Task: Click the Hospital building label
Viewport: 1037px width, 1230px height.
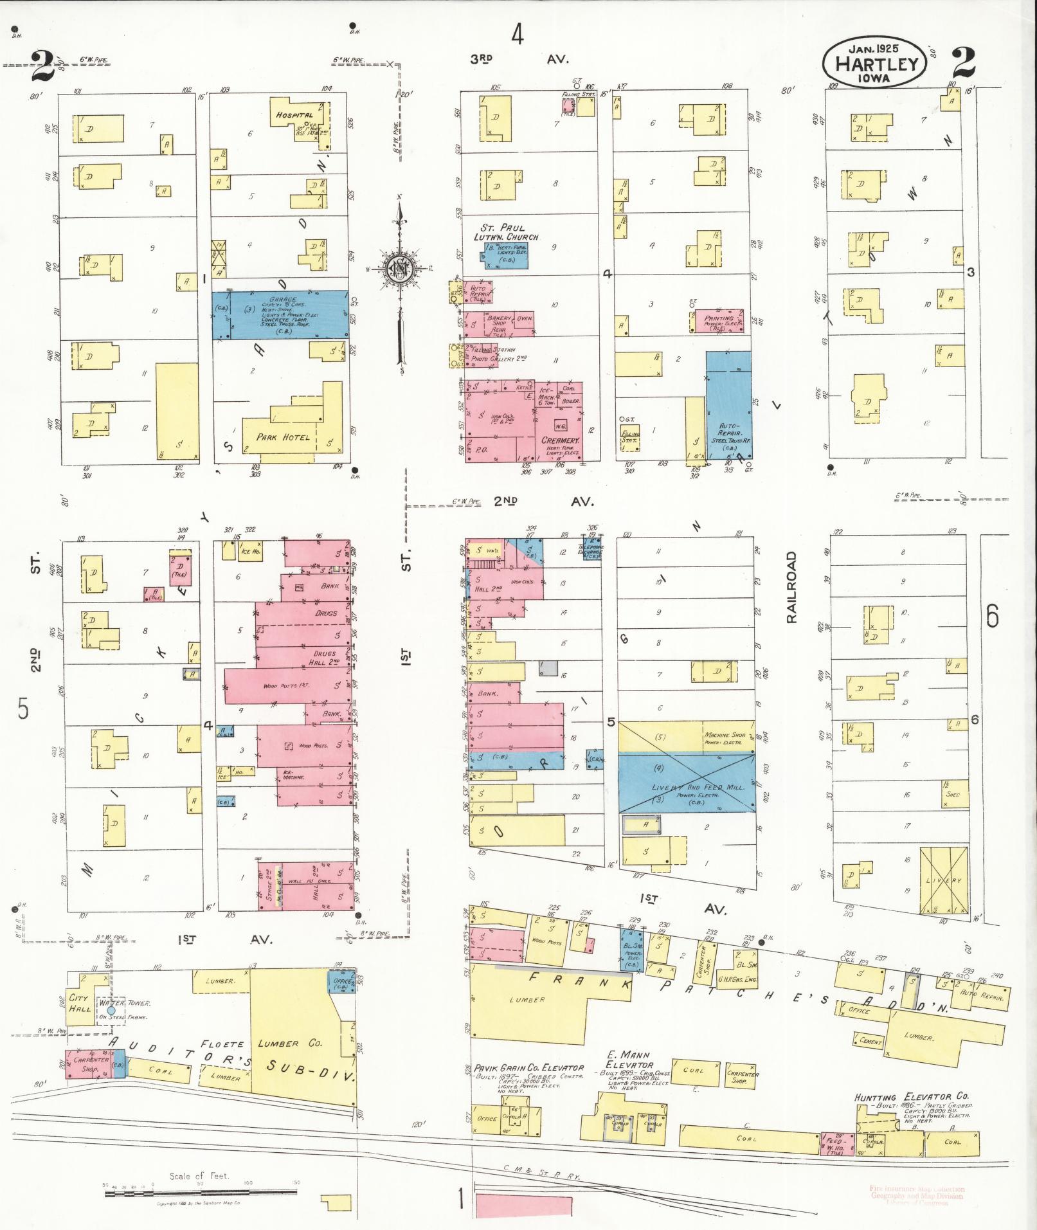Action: click(294, 114)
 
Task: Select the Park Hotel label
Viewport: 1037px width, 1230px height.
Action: click(283, 437)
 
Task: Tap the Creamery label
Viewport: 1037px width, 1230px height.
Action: click(560, 440)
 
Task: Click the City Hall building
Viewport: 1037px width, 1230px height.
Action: click(80, 1003)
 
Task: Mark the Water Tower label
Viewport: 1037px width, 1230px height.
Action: click(123, 1002)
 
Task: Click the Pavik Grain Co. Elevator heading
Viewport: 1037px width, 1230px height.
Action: click(528, 1068)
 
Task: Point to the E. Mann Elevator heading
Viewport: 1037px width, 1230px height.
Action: click(628, 1059)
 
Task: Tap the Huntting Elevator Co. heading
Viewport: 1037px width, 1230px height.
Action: click(912, 1097)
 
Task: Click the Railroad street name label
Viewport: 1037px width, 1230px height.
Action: click(791, 586)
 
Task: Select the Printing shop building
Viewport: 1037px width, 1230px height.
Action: click(719, 320)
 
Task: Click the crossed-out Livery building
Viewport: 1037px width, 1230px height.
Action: click(942, 880)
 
